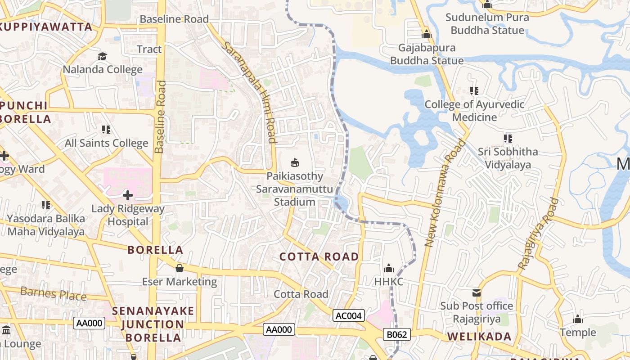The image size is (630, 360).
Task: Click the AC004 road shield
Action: (349, 316)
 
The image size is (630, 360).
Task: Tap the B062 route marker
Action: (397, 334)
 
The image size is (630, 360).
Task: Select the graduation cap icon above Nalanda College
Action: (103, 57)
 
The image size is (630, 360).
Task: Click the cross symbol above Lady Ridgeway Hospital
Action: (128, 195)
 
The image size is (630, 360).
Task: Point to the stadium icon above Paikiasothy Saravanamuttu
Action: (295, 162)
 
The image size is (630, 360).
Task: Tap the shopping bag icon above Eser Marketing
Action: (180, 269)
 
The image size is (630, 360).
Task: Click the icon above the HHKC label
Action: (389, 269)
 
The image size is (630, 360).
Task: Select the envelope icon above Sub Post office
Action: (477, 293)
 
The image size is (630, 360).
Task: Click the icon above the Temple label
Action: (578, 319)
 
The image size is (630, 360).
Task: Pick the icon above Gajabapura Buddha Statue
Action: (427, 34)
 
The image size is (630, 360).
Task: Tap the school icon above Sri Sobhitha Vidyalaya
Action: (508, 139)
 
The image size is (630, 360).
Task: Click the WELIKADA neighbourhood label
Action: (479, 337)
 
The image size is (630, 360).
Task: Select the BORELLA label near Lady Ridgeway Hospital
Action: (155, 250)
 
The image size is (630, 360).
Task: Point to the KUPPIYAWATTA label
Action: (46, 27)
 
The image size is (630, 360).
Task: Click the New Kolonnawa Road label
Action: (444, 193)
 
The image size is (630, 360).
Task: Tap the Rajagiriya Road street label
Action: (538, 234)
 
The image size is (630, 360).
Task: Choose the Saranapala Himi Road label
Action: (249, 92)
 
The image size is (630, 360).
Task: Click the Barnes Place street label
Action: (54, 294)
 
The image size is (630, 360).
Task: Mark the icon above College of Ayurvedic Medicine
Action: (474, 91)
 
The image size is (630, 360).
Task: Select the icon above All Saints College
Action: (106, 130)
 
